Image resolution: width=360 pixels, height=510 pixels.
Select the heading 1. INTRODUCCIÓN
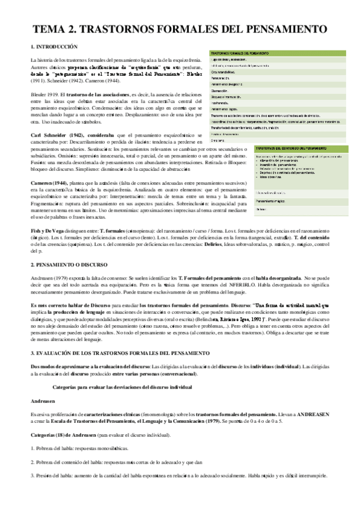coord(54,46)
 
